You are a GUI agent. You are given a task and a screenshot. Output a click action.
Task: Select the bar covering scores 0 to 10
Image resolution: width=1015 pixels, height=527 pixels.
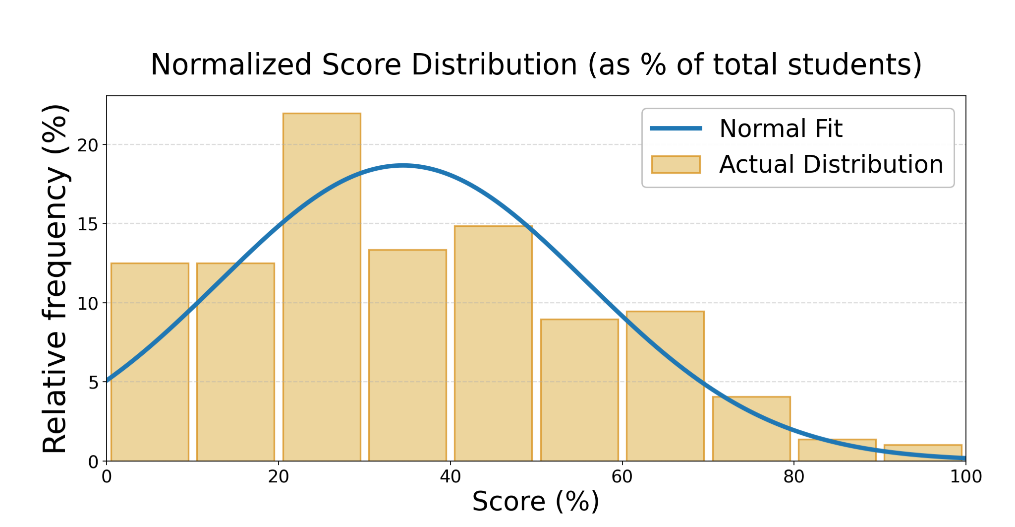coord(150,362)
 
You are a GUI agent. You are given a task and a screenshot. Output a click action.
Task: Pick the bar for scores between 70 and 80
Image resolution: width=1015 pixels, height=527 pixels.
coord(751,429)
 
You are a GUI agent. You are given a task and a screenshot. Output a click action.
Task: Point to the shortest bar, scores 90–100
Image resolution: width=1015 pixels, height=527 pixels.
coord(923,453)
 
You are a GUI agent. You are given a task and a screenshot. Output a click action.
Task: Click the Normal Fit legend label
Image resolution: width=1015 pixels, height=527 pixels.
coord(781,129)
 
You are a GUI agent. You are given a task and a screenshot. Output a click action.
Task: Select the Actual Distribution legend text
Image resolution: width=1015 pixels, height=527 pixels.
coord(831,164)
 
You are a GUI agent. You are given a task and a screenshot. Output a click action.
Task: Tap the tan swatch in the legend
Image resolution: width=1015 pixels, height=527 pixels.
coord(676,164)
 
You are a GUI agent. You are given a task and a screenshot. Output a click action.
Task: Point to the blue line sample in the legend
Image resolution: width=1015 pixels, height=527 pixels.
coord(676,129)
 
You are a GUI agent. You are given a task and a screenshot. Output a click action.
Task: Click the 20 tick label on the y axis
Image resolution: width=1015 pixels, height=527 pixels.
coord(88,145)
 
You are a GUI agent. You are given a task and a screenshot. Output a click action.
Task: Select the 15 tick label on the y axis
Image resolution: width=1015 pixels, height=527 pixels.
coord(88,224)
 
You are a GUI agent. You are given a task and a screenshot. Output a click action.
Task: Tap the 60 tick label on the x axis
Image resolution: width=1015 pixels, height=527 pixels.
coord(622,477)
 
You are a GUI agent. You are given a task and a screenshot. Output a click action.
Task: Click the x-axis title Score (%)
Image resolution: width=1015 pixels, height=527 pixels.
coord(536,501)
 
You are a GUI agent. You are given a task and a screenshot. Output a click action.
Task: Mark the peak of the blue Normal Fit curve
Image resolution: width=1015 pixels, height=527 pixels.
coord(403,165)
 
